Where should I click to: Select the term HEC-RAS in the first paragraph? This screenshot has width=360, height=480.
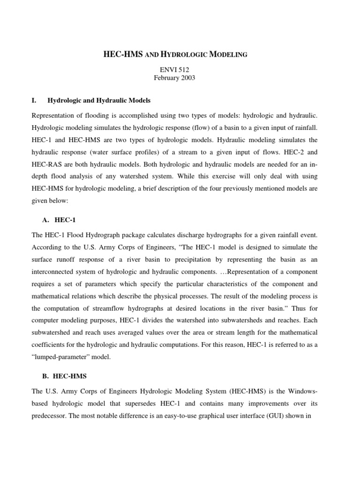click(45, 165)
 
